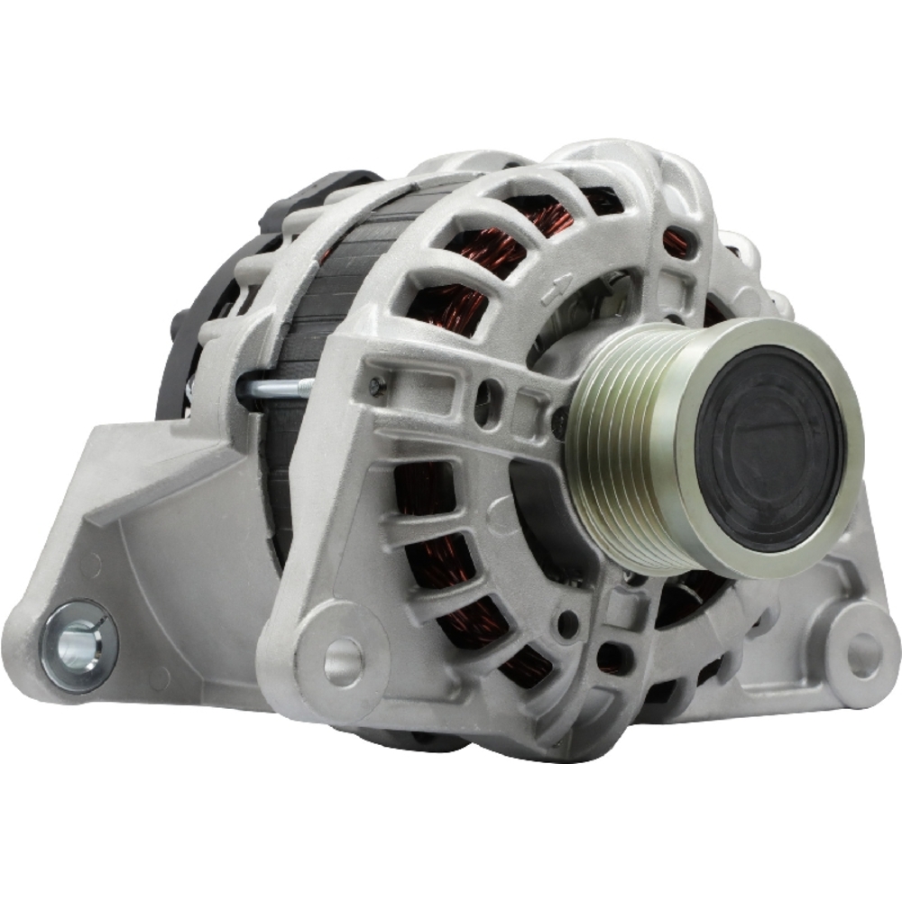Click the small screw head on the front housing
pyautogui.click(x=377, y=386)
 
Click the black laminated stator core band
pyautogui.click(x=298, y=298)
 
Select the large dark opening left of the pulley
pyautogui.click(x=537, y=505)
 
